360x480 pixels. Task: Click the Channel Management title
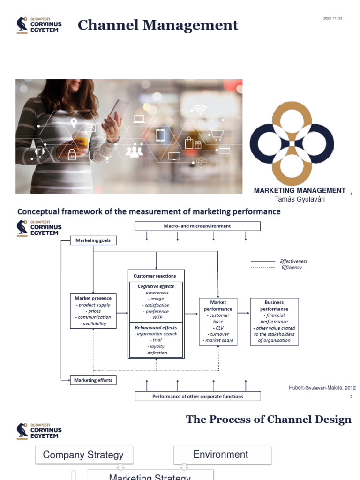[158, 25]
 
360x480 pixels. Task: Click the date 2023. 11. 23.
[333, 18]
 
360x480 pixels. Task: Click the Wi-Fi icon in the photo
[199, 110]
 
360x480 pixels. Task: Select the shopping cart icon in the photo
[216, 135]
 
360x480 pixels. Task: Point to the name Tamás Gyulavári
[300, 199]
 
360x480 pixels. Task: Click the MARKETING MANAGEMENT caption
[300, 190]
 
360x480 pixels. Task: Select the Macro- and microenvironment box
[197, 226]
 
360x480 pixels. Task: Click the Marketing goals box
[93, 240]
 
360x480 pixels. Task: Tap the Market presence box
[93, 311]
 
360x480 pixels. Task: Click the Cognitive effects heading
[156, 286]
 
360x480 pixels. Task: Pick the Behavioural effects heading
[156, 328]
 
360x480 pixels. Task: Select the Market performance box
[218, 322]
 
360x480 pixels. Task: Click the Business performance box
[274, 322]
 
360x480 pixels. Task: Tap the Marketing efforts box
[93, 380]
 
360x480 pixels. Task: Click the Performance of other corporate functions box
[197, 396]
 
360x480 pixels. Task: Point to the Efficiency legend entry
[292, 268]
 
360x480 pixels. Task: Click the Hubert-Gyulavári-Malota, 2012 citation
[322, 388]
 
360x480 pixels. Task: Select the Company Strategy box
[83, 455]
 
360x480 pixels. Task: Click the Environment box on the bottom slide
[221, 454]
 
